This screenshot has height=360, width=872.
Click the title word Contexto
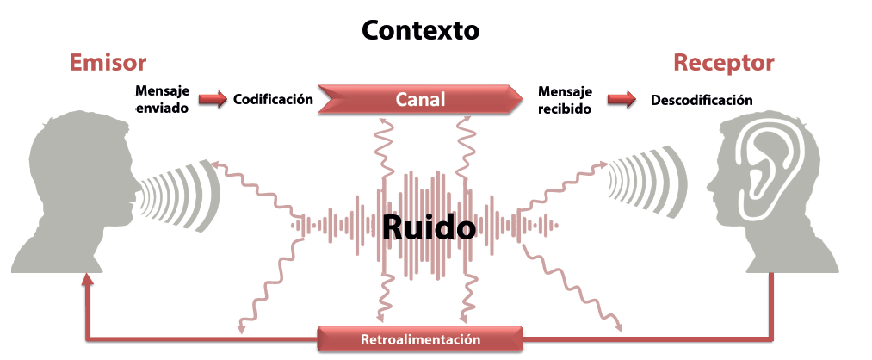tap(420, 31)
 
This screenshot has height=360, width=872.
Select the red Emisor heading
tap(108, 63)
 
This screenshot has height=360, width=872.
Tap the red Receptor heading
tap(723, 63)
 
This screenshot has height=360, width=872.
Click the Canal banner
tap(420, 100)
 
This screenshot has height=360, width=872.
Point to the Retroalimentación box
tap(420, 338)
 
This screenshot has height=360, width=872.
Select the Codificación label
tap(273, 100)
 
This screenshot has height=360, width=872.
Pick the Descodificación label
tap(702, 101)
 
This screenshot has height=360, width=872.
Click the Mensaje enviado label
tap(162, 100)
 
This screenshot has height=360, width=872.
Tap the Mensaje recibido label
tap(565, 100)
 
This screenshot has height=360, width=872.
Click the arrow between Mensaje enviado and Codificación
tap(212, 100)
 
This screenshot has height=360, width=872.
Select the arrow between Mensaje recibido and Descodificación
tap(620, 100)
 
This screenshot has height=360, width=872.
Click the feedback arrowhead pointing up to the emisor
tap(87, 282)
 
